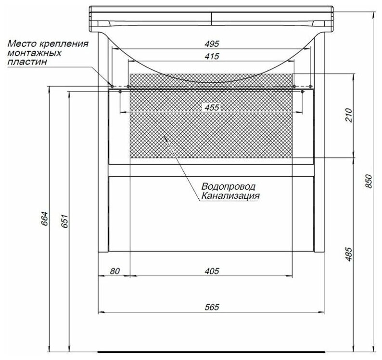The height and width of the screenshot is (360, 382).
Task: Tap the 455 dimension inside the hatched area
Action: tap(212, 107)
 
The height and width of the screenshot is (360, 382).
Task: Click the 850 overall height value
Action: tap(369, 180)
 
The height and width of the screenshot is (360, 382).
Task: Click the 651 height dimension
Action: tap(63, 220)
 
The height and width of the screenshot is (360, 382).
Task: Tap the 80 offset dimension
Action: tap(114, 271)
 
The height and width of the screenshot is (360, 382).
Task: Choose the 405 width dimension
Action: tap(212, 271)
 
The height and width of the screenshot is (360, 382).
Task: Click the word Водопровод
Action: tap(228, 186)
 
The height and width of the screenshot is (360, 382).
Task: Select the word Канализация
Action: tap(230, 196)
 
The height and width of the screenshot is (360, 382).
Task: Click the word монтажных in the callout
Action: tap(28, 52)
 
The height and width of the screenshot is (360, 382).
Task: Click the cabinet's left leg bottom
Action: tap(103, 250)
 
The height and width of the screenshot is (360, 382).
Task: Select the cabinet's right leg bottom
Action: tap(319, 250)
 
